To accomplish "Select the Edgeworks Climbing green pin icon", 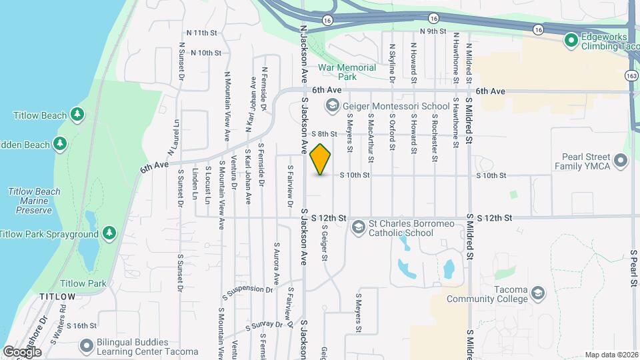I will (571, 41).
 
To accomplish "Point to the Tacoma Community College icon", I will (538, 293).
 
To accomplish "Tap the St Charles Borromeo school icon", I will (359, 228).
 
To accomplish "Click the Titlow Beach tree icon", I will (78, 115).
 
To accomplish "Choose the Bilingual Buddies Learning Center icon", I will (85, 346).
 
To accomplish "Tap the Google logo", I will (22, 351).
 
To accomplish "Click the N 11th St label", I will (202, 32).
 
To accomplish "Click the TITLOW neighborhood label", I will (57, 295).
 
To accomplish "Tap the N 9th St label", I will (433, 31).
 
